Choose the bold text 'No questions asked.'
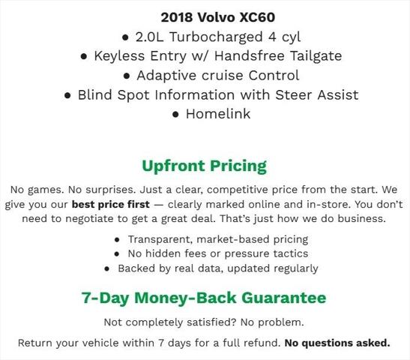click(337, 343)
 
